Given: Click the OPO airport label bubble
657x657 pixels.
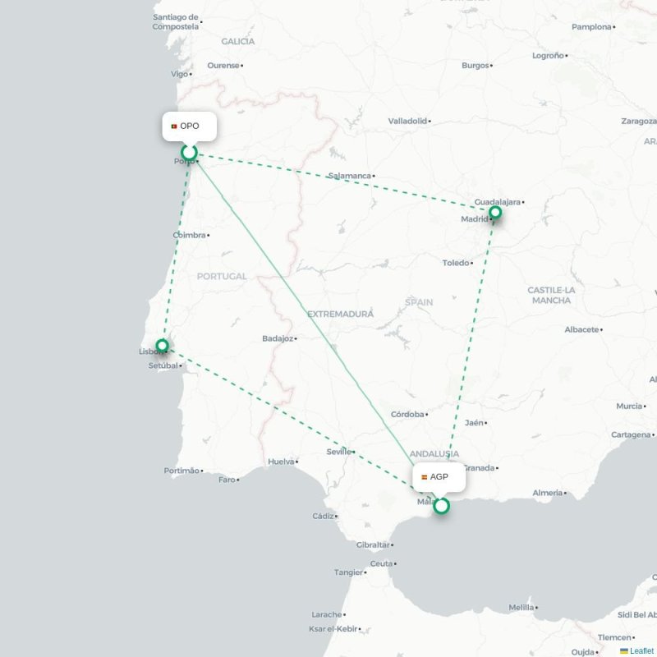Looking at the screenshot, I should [190, 126].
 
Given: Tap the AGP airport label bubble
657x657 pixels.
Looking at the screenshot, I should [439, 477].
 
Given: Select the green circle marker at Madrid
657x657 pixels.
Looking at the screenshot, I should [495, 214].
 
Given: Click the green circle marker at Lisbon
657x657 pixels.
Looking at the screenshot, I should [163, 346].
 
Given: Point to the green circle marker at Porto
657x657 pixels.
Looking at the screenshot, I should [190, 152].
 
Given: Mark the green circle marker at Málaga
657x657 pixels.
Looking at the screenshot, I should [441, 506].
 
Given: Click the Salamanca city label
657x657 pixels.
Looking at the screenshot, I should [349, 176].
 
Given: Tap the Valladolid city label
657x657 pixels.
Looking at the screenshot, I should [407, 121].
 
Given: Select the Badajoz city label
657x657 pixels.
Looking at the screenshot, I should [278, 338].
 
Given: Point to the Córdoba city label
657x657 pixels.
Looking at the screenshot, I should [407, 415].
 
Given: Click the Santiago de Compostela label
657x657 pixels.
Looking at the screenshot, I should [176, 21].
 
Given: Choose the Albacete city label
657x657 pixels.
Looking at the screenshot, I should [581, 329].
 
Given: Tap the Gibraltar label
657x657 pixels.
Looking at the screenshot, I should [373, 545].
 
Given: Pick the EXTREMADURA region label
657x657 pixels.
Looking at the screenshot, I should [340, 315].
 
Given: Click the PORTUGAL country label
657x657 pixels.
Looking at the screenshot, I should [221, 277].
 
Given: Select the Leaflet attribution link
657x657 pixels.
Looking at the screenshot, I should [641, 650].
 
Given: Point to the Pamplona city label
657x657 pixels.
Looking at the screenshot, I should [591, 27].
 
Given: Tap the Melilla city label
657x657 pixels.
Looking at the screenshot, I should [521, 608].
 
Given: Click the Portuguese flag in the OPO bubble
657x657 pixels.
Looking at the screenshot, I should [174, 126].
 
